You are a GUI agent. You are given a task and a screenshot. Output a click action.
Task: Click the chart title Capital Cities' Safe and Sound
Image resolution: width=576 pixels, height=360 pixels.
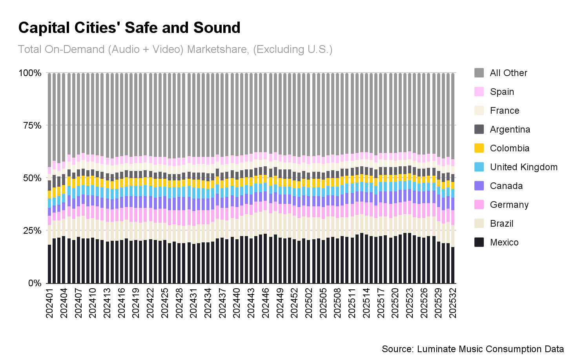tap(129, 28)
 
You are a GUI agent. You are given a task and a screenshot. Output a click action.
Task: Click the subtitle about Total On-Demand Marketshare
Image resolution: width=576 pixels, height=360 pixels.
tap(175, 49)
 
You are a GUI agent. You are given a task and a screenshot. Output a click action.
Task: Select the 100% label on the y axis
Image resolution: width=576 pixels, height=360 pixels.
tap(30, 73)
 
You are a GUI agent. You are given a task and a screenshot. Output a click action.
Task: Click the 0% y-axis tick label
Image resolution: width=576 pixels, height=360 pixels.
tap(35, 283)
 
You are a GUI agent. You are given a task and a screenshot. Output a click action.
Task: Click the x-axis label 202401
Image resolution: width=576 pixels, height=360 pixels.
tap(49, 303)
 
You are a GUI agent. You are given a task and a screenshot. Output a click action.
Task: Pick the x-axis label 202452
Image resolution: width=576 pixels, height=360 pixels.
tap(294, 303)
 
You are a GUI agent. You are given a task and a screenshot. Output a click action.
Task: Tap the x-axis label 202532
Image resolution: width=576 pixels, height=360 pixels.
tap(453, 303)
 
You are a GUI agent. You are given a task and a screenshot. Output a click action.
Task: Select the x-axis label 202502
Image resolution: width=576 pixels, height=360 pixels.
tap(309, 303)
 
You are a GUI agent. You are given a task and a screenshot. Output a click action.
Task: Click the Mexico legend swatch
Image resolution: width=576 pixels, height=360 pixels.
tap(479, 242)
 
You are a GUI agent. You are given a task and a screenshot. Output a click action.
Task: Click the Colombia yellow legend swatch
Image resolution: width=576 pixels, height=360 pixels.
tap(479, 148)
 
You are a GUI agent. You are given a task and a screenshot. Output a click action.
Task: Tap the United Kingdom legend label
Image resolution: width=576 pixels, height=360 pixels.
tap(523, 167)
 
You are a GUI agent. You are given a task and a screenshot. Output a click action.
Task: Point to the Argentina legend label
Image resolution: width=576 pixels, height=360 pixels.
tap(510, 129)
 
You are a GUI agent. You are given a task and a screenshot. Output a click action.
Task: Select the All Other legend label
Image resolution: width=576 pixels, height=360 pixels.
tap(509, 73)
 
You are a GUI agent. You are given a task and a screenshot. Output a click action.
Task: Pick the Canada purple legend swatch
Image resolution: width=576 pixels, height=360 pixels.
tap(479, 186)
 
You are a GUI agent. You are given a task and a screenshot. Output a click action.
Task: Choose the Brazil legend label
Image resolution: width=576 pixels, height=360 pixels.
tap(501, 224)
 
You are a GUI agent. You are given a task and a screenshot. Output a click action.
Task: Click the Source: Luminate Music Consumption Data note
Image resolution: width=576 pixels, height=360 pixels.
tap(472, 349)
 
